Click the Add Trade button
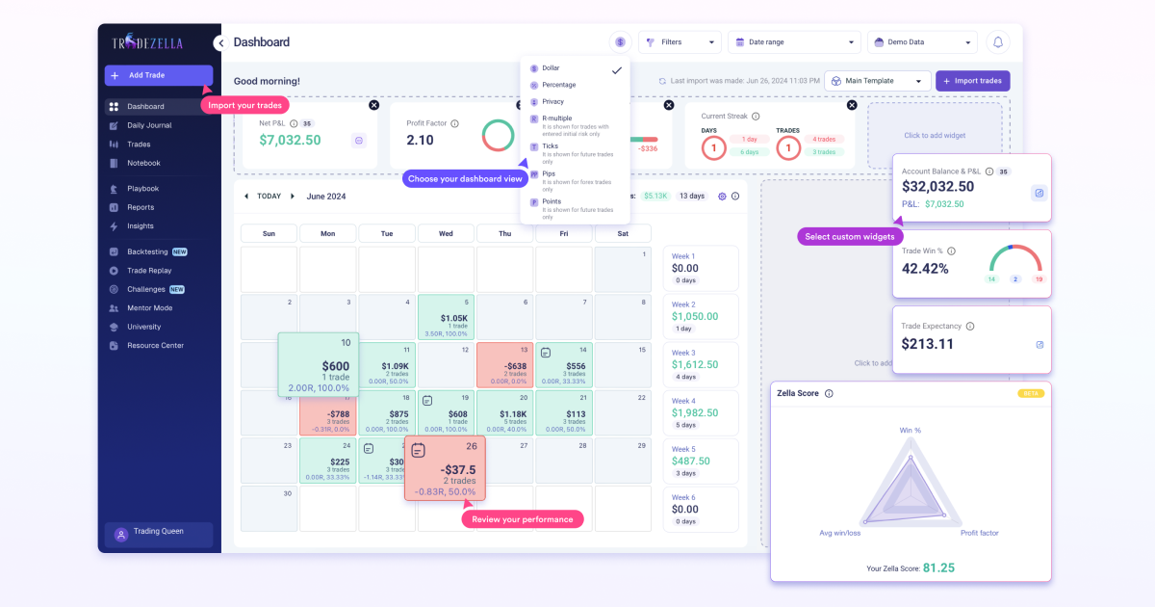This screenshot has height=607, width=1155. pyautogui.click(x=158, y=75)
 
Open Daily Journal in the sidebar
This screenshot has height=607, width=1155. pyautogui.click(x=149, y=125)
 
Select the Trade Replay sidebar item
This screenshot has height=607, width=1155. pyautogui.click(x=149, y=271)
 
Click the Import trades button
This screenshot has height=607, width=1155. pyautogui.click(x=972, y=81)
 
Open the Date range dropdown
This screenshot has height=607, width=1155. pyautogui.click(x=793, y=42)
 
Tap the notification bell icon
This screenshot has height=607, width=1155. pyautogui.click(x=998, y=42)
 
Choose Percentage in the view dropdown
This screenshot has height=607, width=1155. pyautogui.click(x=558, y=85)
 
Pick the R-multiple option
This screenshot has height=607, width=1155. pyautogui.click(x=556, y=118)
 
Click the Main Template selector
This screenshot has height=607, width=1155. pyautogui.click(x=877, y=81)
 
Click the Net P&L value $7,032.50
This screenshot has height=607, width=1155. pyautogui.click(x=290, y=141)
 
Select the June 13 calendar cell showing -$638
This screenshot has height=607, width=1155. pyautogui.click(x=504, y=366)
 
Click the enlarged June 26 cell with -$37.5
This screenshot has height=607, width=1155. pyautogui.click(x=445, y=469)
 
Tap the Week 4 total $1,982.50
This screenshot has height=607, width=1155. pyautogui.click(x=695, y=413)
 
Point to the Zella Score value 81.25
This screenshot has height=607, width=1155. pyautogui.click(x=938, y=567)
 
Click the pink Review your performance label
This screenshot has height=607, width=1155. pyautogui.click(x=523, y=519)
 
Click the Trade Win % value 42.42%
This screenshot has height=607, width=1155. pyautogui.click(x=925, y=269)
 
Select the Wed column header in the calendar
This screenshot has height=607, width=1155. pyautogui.click(x=446, y=233)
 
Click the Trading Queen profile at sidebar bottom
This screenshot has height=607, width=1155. pyautogui.click(x=159, y=533)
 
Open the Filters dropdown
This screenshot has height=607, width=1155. pyautogui.click(x=679, y=42)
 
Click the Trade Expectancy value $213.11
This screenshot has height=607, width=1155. pyautogui.click(x=928, y=344)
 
